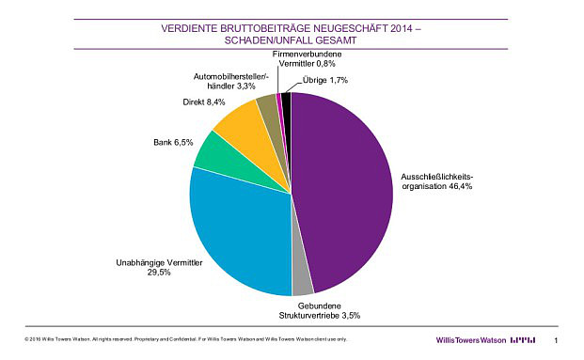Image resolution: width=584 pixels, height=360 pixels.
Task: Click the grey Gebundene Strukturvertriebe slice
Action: click(x=302, y=281)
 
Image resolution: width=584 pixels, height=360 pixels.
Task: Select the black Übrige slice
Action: click(x=286, y=98)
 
